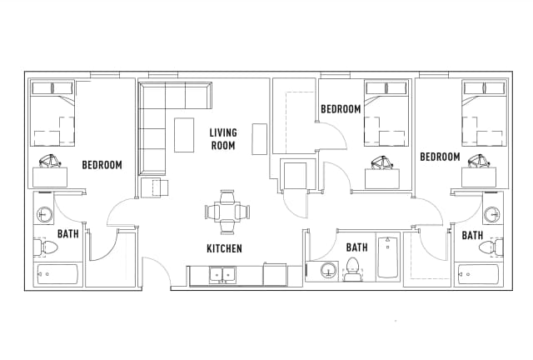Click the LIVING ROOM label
tap(222, 138)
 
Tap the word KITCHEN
tap(224, 248)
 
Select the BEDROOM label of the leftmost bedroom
tap(102, 165)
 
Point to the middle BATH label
tap(356, 247)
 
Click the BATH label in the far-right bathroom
tap(472, 235)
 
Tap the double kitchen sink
tap(222, 273)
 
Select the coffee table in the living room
tap(183, 135)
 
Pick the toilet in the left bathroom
tap(47, 247)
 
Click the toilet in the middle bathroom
tap(352, 268)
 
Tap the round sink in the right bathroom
tap(492, 215)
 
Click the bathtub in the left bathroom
tap(57, 274)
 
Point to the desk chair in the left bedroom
tap(48, 162)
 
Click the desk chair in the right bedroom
tap(479, 162)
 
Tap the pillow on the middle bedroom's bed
tap(386, 88)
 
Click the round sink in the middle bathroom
tap(328, 270)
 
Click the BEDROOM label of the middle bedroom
tap(341, 109)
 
